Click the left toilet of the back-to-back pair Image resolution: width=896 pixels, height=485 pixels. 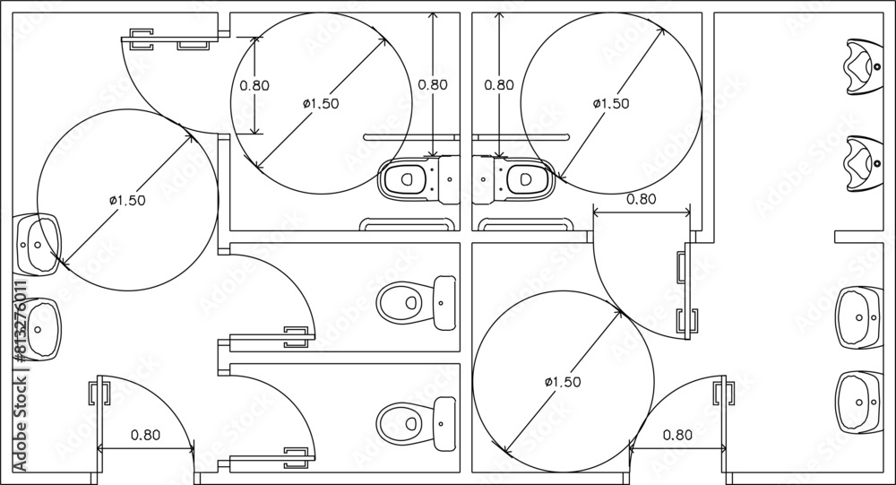(x=419, y=179)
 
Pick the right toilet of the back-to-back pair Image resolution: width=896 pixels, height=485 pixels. (x=513, y=179)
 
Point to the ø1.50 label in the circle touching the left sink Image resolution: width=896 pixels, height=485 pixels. (x=127, y=200)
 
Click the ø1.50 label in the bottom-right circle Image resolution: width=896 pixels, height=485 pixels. (x=563, y=382)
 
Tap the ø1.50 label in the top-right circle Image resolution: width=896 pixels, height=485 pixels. (x=611, y=103)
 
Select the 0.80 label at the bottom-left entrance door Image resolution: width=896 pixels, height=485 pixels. (x=145, y=435)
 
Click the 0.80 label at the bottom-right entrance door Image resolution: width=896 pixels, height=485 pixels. (x=677, y=435)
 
